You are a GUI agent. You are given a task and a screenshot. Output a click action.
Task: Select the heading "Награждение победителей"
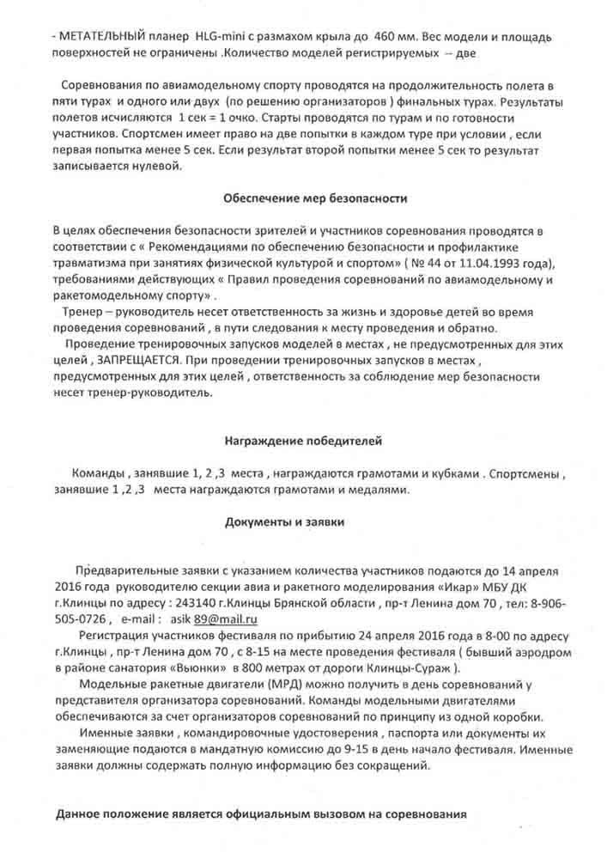(x=304, y=441)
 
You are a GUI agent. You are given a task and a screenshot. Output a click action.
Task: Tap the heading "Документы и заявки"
(x=285, y=522)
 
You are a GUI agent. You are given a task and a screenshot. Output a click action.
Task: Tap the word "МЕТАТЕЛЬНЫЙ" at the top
(x=92, y=39)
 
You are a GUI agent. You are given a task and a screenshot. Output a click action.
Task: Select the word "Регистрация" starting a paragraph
(x=115, y=636)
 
